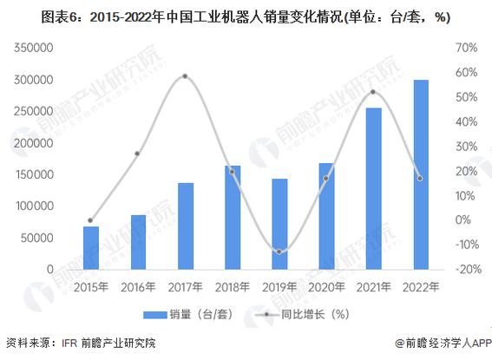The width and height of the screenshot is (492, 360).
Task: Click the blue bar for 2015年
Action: [91, 247]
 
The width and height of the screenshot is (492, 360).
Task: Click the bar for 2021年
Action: [373, 188]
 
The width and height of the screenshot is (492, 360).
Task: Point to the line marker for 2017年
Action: [185, 76]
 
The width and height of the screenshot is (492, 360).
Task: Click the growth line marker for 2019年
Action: [279, 252]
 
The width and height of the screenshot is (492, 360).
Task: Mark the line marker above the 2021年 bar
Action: [373, 92]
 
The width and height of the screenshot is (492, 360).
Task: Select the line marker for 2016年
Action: [138, 154]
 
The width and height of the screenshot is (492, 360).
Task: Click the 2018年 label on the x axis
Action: [232, 285]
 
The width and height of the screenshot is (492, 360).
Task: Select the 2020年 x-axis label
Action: [325, 285]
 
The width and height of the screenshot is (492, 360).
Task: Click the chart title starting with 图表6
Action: [246, 15]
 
